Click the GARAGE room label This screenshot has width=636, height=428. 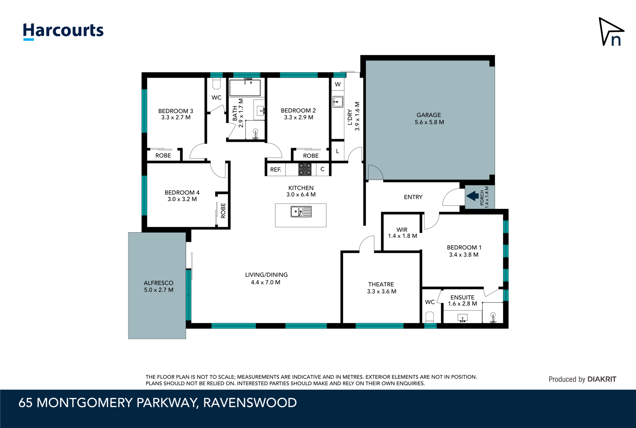429,115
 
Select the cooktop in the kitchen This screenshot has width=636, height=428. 305,169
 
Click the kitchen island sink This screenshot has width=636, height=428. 301,212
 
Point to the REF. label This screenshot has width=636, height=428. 276,170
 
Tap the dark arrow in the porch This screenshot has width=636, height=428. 472,196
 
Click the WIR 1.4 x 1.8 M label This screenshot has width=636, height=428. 402,233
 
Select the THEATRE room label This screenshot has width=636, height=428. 381,284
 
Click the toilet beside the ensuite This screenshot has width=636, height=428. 429,317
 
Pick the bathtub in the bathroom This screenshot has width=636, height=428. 245,87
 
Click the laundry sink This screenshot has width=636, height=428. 338,102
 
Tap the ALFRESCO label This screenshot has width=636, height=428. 158,283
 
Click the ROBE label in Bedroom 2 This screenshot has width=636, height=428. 311,156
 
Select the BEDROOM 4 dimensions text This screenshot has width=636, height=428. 182,199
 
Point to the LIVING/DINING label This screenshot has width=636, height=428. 266,275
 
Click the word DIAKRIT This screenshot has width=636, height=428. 602,379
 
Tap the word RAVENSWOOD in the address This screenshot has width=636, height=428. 250,403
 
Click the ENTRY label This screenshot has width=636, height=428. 413,197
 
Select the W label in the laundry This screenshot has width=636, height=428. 338,84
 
